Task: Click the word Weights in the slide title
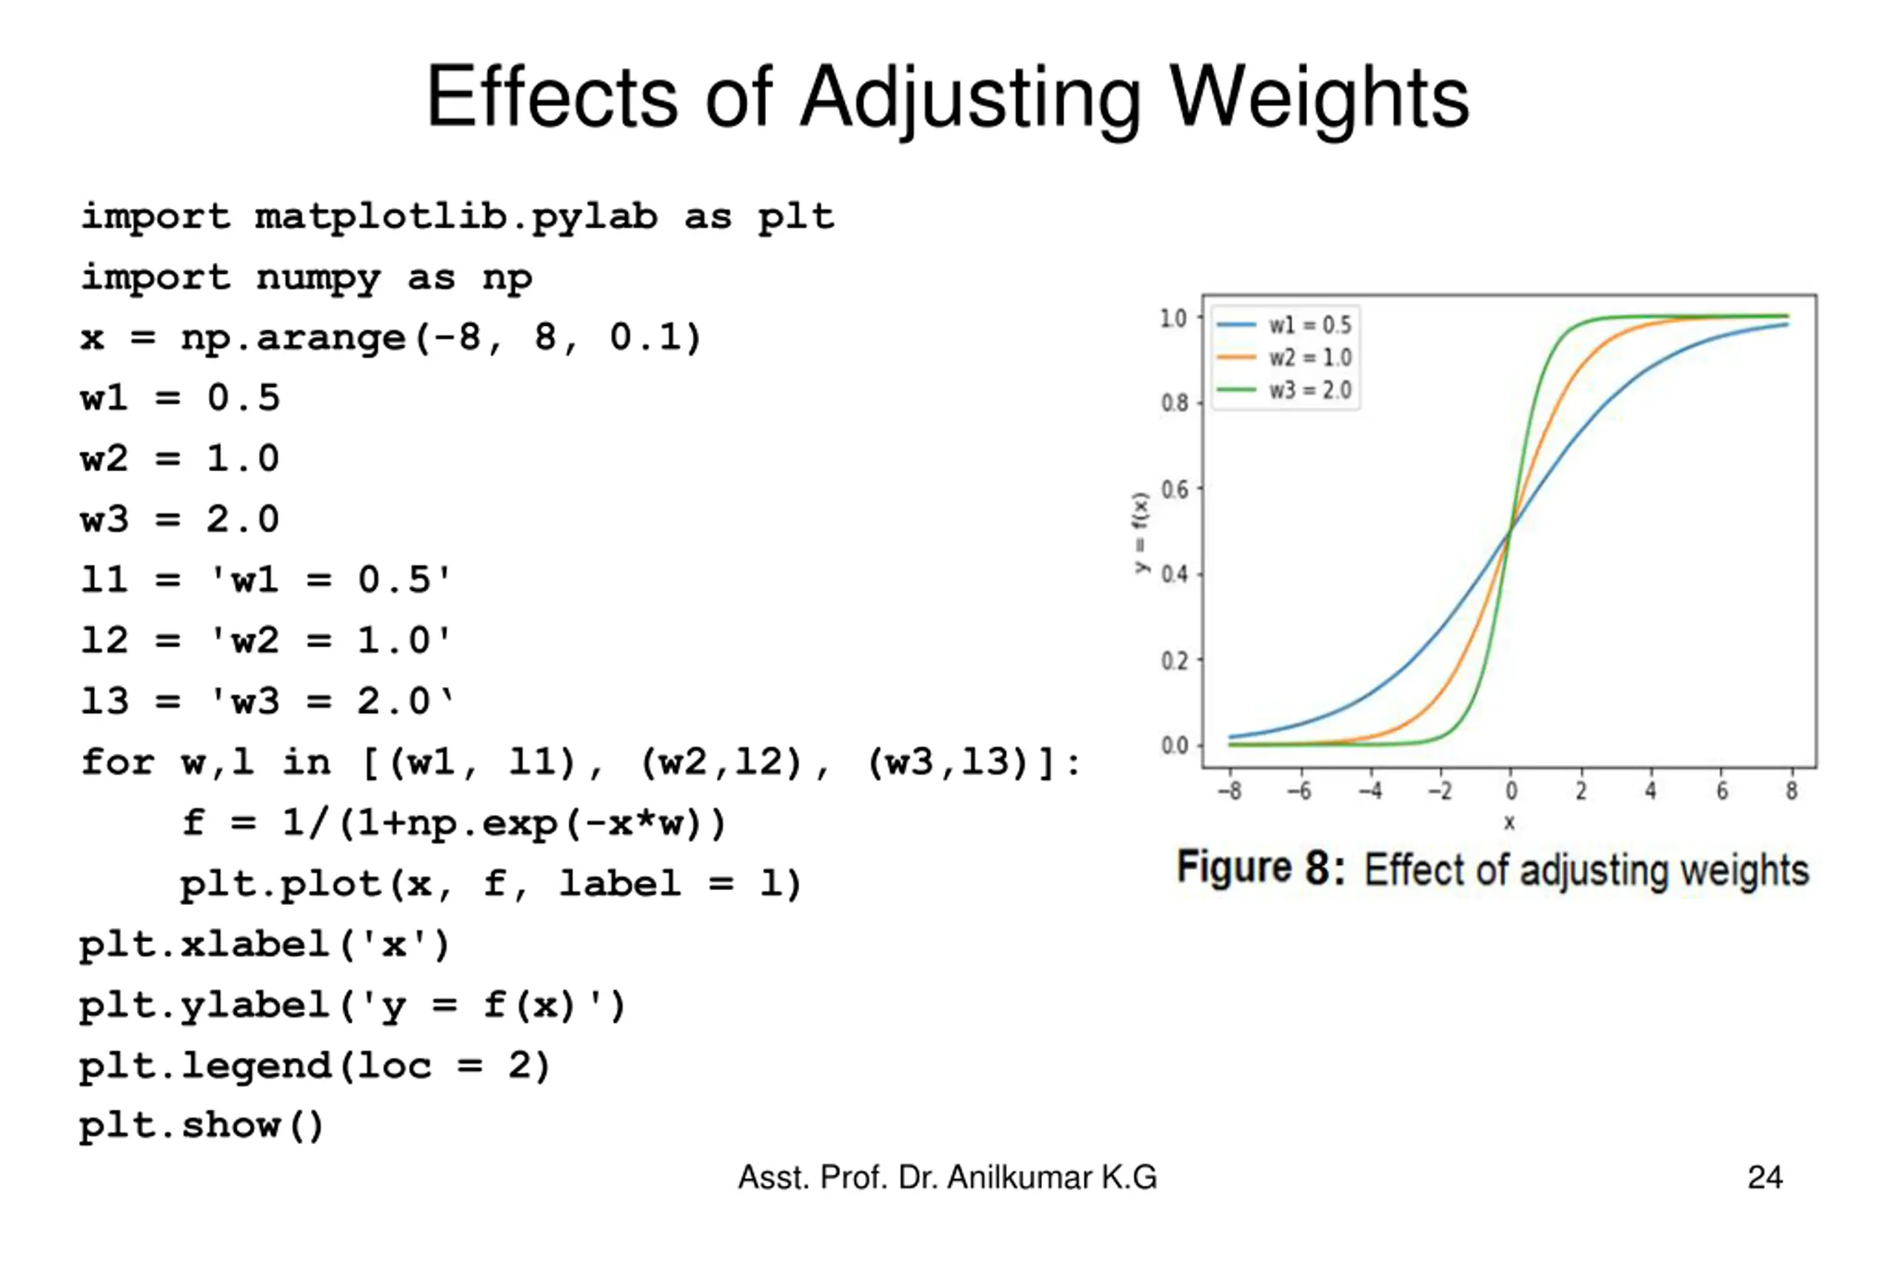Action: [1319, 98]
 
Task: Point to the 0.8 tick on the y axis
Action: [1175, 402]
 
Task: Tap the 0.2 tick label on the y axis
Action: [1175, 661]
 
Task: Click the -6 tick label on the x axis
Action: [1298, 791]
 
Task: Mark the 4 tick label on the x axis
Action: [1650, 791]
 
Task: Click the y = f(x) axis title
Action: [1141, 532]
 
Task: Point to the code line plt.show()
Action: [201, 1126]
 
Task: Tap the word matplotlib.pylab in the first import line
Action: [455, 216]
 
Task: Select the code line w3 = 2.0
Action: [180, 519]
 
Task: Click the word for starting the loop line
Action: [118, 762]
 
